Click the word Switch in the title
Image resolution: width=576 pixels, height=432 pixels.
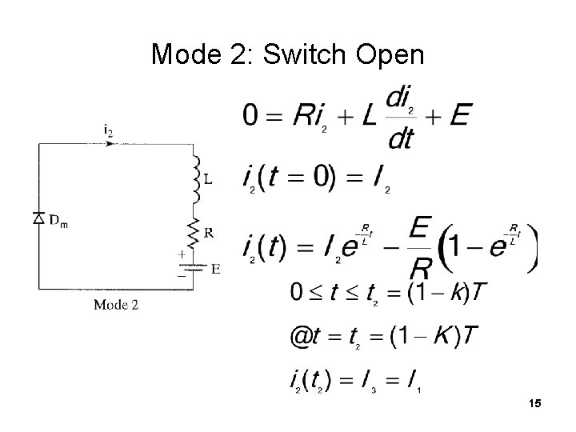(x=302, y=54)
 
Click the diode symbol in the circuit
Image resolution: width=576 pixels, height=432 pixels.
(x=38, y=218)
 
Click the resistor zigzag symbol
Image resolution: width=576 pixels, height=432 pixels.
(x=193, y=233)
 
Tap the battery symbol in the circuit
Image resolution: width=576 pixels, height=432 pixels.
(x=193, y=268)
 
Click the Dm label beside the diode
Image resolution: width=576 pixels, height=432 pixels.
(x=58, y=222)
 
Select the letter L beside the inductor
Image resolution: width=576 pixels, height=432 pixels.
(x=208, y=179)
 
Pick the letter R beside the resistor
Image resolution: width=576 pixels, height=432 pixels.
(x=208, y=233)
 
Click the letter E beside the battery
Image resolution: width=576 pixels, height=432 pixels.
(x=214, y=270)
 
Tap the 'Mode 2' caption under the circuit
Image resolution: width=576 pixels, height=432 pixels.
(x=116, y=304)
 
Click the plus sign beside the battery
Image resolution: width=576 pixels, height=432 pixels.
(x=181, y=254)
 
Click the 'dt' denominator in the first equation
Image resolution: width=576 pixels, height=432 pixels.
(x=399, y=138)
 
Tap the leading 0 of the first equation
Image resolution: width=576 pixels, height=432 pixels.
(x=251, y=117)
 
